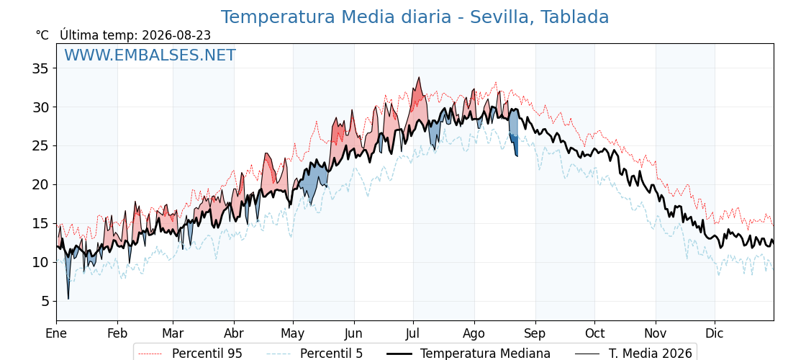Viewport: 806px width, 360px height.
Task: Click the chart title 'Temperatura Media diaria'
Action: tap(335, 17)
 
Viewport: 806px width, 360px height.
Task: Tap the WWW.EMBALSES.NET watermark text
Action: tap(150, 55)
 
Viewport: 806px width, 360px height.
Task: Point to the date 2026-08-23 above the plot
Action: tap(176, 35)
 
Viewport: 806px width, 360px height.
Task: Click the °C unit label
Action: tap(42, 35)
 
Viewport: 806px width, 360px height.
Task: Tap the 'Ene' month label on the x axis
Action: tap(57, 333)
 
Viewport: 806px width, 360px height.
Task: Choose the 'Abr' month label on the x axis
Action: tap(234, 333)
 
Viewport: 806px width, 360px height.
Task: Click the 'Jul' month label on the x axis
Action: tap(413, 333)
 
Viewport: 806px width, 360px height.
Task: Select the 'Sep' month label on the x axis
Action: tap(535, 333)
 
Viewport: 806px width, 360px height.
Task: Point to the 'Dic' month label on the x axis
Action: tap(715, 333)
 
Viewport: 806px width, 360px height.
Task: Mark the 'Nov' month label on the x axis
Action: tap(656, 333)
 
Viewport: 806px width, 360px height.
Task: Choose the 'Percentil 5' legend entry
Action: tap(314, 354)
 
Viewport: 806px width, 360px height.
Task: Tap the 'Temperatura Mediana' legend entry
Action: tap(468, 354)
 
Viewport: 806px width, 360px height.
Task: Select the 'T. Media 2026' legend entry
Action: tap(633, 354)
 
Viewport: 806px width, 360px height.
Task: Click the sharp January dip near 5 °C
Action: tap(68, 298)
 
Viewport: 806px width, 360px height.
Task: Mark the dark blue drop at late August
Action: tap(514, 144)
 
